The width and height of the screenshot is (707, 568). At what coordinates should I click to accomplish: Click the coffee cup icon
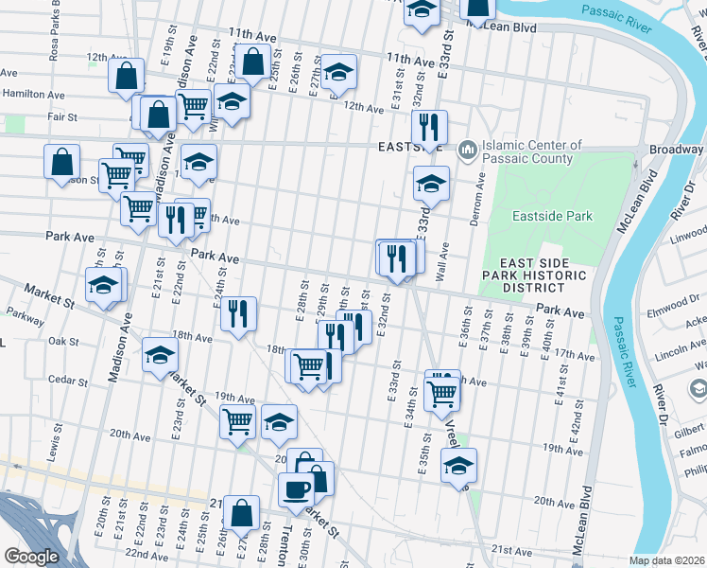(297, 489)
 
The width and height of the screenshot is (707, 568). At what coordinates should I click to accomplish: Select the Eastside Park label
(552, 216)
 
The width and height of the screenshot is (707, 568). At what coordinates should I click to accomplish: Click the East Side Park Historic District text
(543, 275)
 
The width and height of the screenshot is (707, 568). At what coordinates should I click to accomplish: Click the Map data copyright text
(667, 560)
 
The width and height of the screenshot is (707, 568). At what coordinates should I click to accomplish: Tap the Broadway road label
(676, 151)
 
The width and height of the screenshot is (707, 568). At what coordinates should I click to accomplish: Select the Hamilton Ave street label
(32, 96)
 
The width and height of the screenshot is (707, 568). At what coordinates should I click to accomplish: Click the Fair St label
(35, 117)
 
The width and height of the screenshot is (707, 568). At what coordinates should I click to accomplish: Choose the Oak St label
(62, 341)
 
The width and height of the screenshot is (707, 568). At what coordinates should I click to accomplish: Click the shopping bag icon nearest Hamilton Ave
(126, 76)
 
